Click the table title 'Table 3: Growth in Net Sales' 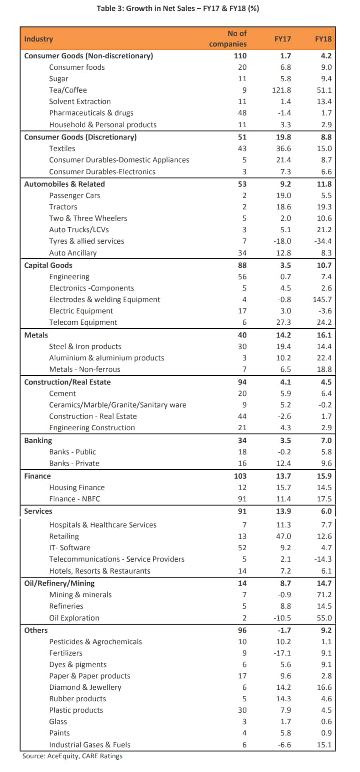(146, 8)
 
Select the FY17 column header (282, 39)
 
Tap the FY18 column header (323, 39)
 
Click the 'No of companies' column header (228, 39)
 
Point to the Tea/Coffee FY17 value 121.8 (282, 90)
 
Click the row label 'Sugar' (58, 79)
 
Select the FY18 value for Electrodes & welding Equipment (322, 299)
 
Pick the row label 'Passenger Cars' (74, 195)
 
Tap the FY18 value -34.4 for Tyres (323, 241)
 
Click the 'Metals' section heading (36, 335)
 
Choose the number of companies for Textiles (242, 149)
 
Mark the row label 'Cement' (63, 394)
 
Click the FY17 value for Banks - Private (283, 463)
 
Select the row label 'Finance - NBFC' (74, 499)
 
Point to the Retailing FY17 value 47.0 (283, 536)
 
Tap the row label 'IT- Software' (70, 548)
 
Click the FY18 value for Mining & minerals (324, 595)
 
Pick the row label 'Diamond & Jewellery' (85, 687)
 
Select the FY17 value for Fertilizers (282, 653)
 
